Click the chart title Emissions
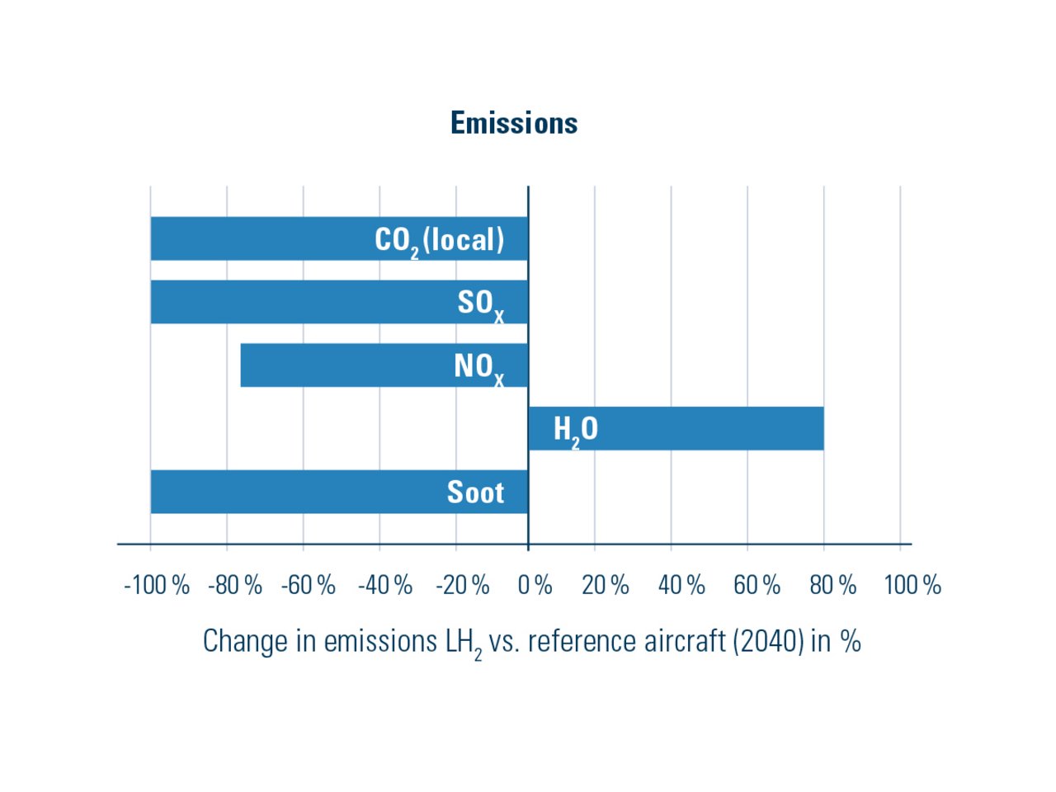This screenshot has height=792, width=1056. (x=514, y=123)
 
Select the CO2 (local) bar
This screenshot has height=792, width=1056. (x=338, y=239)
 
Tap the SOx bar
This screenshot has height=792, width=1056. (x=338, y=302)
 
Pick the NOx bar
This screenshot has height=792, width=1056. (x=384, y=365)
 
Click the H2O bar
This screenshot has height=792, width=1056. (x=676, y=428)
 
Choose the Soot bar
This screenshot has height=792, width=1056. (x=338, y=492)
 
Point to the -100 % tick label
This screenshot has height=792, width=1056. (x=157, y=585)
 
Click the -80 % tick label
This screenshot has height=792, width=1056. (x=235, y=585)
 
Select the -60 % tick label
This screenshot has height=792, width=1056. (x=309, y=585)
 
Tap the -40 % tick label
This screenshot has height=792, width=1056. (x=385, y=585)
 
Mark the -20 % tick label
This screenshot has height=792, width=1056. (x=463, y=585)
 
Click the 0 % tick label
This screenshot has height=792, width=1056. (x=535, y=585)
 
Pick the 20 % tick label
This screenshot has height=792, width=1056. (x=606, y=585)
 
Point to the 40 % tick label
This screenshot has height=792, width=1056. (x=681, y=585)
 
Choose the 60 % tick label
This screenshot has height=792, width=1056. (x=757, y=585)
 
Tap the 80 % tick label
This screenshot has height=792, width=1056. (x=833, y=585)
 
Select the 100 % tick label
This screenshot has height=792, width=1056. (x=912, y=585)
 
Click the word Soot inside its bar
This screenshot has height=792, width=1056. (x=475, y=493)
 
